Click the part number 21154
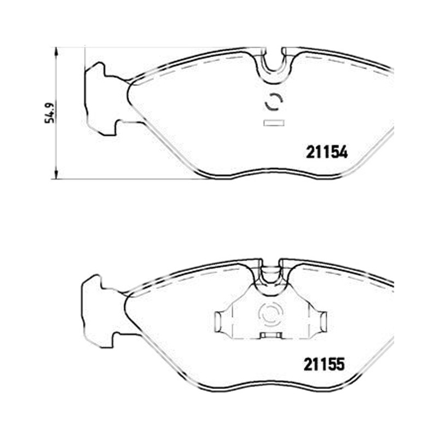point(327,152)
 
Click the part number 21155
point(324,364)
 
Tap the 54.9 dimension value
point(50,113)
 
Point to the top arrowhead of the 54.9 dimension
point(56,51)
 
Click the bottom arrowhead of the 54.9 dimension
point(56,175)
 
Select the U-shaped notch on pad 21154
point(274,67)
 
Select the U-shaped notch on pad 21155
point(270,275)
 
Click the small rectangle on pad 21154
point(274,123)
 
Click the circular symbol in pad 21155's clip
point(271,315)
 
